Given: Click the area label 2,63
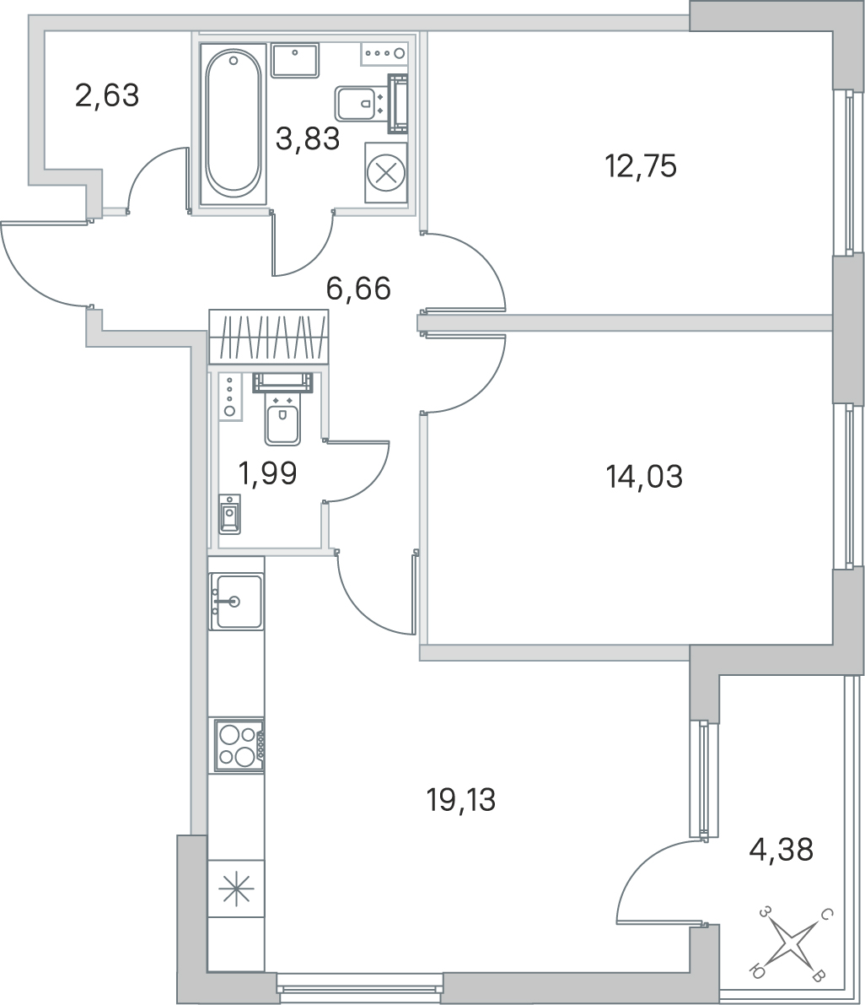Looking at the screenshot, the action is [x=107, y=96].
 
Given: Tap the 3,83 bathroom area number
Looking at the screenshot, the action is [x=308, y=138].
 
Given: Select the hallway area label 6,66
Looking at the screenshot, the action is [x=358, y=289].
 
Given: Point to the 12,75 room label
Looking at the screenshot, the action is [x=641, y=166].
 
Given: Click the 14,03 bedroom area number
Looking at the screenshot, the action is [x=644, y=477].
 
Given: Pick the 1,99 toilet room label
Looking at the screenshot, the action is [x=267, y=473].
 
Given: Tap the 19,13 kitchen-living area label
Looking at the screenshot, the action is [x=461, y=800].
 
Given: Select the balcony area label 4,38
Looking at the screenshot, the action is [x=782, y=850].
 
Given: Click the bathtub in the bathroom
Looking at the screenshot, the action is [x=233, y=124].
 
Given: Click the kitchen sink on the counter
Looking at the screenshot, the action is [x=235, y=601].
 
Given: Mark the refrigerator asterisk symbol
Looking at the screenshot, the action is [x=236, y=889].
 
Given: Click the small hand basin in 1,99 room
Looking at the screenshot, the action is [x=229, y=514].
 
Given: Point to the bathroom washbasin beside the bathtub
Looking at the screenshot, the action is [x=294, y=60].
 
